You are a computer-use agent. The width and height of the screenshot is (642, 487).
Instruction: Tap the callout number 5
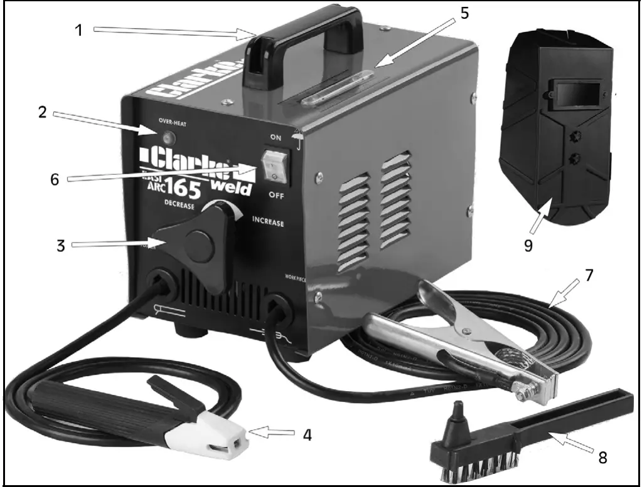(464, 14)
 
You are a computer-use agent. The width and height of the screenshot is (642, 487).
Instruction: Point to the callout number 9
(528, 245)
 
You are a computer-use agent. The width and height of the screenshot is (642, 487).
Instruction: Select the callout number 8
(602, 458)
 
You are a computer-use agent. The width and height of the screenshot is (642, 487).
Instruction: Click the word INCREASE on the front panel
(267, 223)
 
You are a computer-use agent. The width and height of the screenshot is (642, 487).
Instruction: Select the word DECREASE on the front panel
(179, 206)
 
